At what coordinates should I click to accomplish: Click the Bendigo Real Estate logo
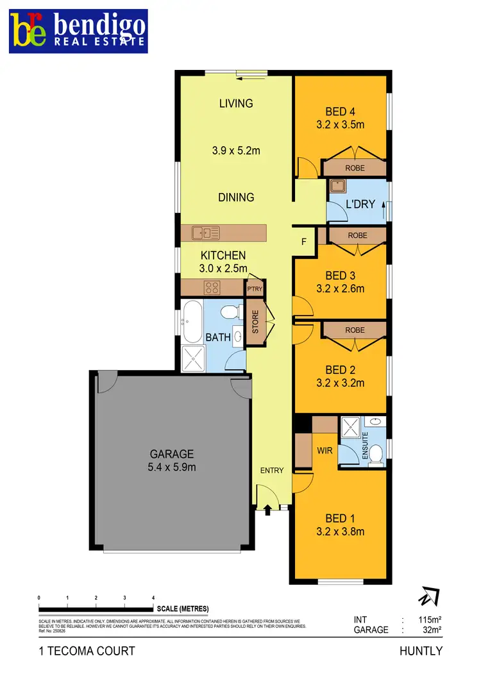pos(78,31)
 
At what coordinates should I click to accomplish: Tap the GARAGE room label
pos(172,454)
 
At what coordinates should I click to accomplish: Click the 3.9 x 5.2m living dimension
pos(236,151)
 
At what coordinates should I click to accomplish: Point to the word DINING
pos(236,198)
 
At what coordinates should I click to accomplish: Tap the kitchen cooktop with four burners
pos(212,287)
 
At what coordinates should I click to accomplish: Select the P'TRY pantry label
pos(255,289)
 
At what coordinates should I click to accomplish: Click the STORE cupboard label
pos(255,322)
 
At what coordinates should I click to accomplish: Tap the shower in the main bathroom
pos(194,358)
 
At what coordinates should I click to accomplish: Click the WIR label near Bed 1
pos(325,450)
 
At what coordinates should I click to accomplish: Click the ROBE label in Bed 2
pos(355,330)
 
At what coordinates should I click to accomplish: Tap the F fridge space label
pos(305,242)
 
